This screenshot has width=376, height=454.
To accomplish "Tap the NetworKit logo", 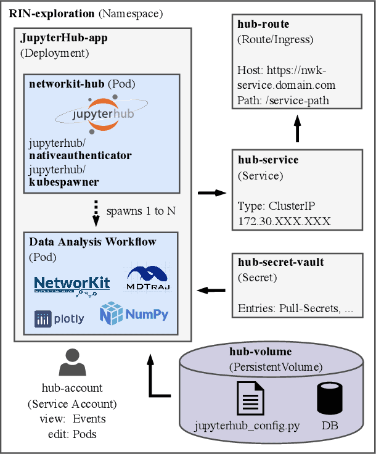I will click(x=72, y=284).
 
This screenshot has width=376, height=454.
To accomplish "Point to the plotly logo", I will click(x=60, y=319).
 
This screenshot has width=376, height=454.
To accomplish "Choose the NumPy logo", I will click(x=134, y=314).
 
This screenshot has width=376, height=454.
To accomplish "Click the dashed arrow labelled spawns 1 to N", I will click(x=96, y=211).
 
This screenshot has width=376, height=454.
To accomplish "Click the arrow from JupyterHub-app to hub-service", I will click(x=211, y=193).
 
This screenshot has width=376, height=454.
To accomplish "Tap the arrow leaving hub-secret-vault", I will click(x=211, y=289).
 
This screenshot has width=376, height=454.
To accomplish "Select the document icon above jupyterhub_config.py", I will click(x=250, y=398).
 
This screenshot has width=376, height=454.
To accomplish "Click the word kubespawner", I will click(x=63, y=183).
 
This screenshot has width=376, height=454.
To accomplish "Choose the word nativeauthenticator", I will click(x=80, y=155).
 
